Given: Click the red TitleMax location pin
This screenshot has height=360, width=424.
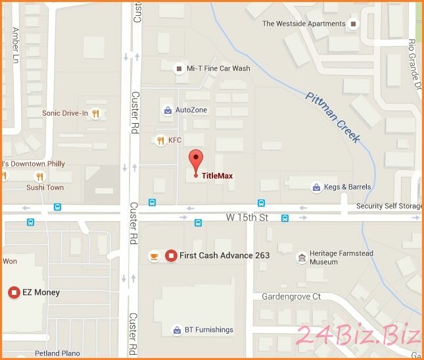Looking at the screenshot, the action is pos(195,161).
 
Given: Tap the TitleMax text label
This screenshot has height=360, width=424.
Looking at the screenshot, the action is pos(217,176).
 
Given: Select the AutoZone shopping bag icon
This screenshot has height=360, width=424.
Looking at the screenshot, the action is pos(168,111).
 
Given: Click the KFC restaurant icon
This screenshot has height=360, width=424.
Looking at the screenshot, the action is pos(160,140).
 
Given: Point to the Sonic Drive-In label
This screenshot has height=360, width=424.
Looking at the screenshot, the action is pos(65,113).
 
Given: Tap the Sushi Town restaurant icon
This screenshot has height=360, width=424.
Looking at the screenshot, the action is pos(39,176).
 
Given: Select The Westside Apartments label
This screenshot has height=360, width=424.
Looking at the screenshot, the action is pos(304,24).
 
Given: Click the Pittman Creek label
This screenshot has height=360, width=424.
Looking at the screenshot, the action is pos(333,118).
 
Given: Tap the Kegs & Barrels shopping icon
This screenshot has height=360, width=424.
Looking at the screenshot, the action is pos(317,187).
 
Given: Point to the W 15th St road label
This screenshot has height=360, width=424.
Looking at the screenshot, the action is pos(248,217).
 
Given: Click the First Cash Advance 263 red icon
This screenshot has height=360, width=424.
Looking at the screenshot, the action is pos(171,255).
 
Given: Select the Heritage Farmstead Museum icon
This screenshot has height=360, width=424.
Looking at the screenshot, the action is pos(302,257).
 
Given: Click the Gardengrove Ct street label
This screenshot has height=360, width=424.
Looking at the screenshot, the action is pos(291,297).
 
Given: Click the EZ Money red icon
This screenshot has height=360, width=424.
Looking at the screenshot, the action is pos(13,292).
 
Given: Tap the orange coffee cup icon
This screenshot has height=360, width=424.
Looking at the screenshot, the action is pos(154,255).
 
